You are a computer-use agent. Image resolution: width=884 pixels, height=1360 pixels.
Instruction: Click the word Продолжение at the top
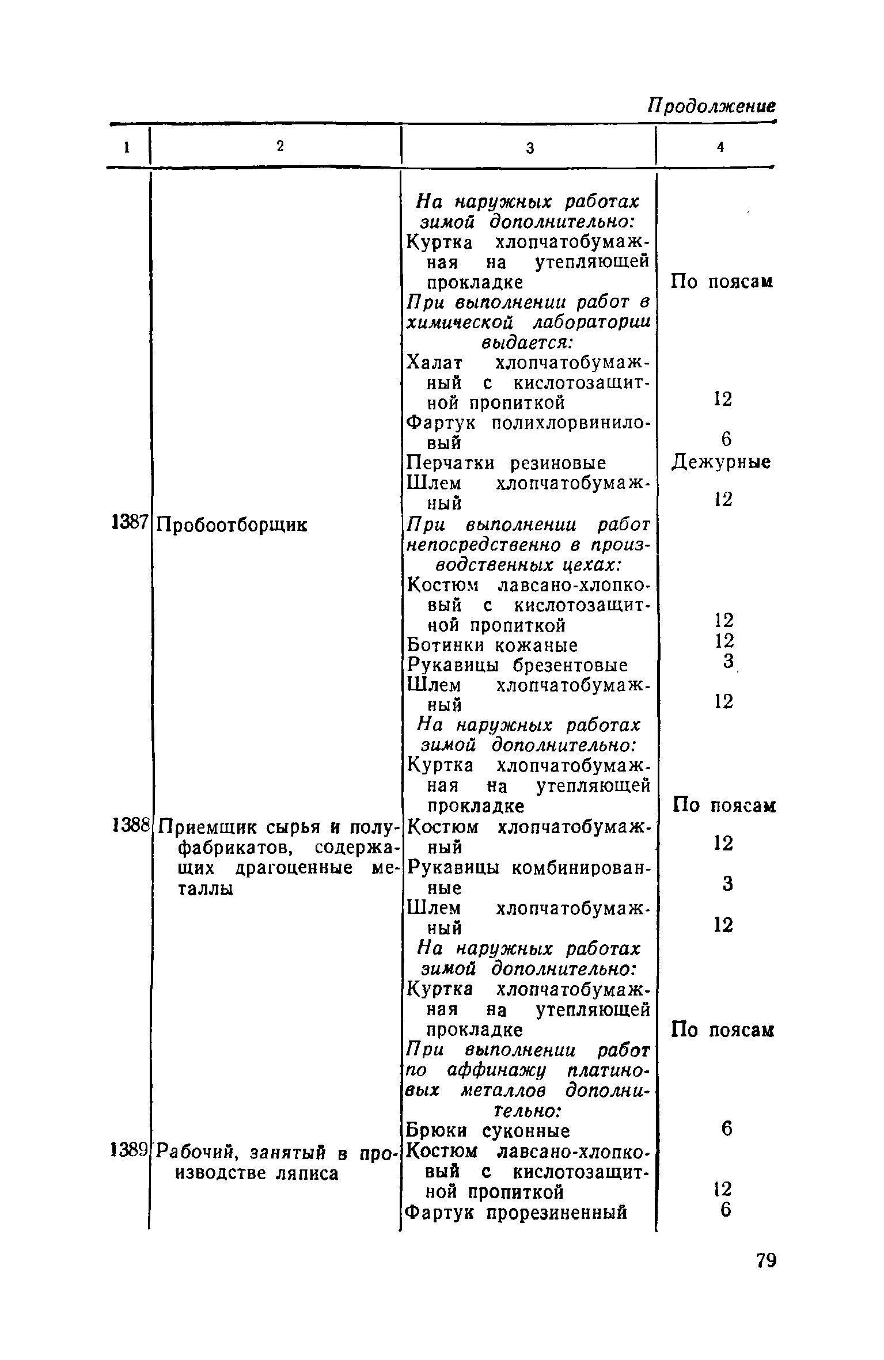712,106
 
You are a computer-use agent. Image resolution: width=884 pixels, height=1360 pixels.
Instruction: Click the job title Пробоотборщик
233,525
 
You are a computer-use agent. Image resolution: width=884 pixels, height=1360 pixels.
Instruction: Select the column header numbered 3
530,148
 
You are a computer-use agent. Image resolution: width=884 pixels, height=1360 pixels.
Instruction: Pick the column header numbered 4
720,148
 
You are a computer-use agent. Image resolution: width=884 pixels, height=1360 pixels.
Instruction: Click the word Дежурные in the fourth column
722,462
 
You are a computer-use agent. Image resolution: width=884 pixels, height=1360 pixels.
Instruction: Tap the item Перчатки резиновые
506,464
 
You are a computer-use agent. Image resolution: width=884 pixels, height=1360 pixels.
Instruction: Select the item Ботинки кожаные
492,645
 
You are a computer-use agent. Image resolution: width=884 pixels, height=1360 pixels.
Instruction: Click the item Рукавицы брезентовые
517,666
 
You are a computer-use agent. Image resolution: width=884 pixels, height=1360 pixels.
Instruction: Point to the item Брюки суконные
488,1131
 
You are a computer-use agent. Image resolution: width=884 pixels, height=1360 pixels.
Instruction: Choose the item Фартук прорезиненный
516,1212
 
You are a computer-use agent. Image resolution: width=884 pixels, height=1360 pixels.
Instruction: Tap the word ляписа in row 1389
309,1173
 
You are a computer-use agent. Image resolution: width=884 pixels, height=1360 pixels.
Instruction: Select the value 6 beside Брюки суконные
726,1130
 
